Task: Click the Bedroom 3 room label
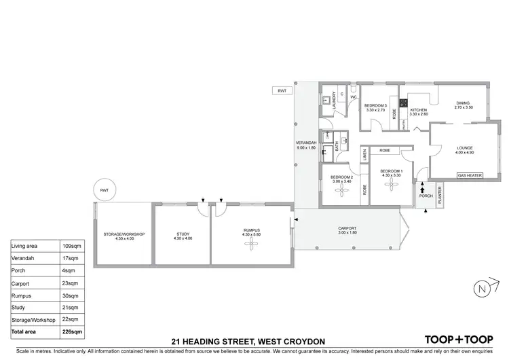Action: click(375, 107)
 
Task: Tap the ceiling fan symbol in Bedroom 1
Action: click(392, 190)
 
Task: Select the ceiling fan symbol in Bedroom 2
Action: click(343, 192)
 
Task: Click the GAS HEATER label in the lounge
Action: click(469, 175)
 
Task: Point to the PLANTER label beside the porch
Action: click(440, 195)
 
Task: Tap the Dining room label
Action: click(463, 104)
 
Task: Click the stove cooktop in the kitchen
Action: click(402, 105)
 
